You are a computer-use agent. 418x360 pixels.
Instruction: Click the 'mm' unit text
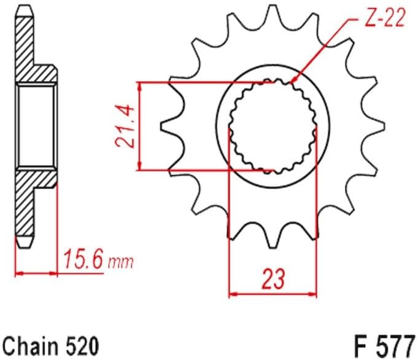click(121, 263)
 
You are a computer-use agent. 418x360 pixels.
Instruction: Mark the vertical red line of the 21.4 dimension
click(141, 126)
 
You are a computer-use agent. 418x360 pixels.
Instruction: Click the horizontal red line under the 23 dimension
click(273, 295)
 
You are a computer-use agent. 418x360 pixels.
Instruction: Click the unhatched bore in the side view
click(37, 126)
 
